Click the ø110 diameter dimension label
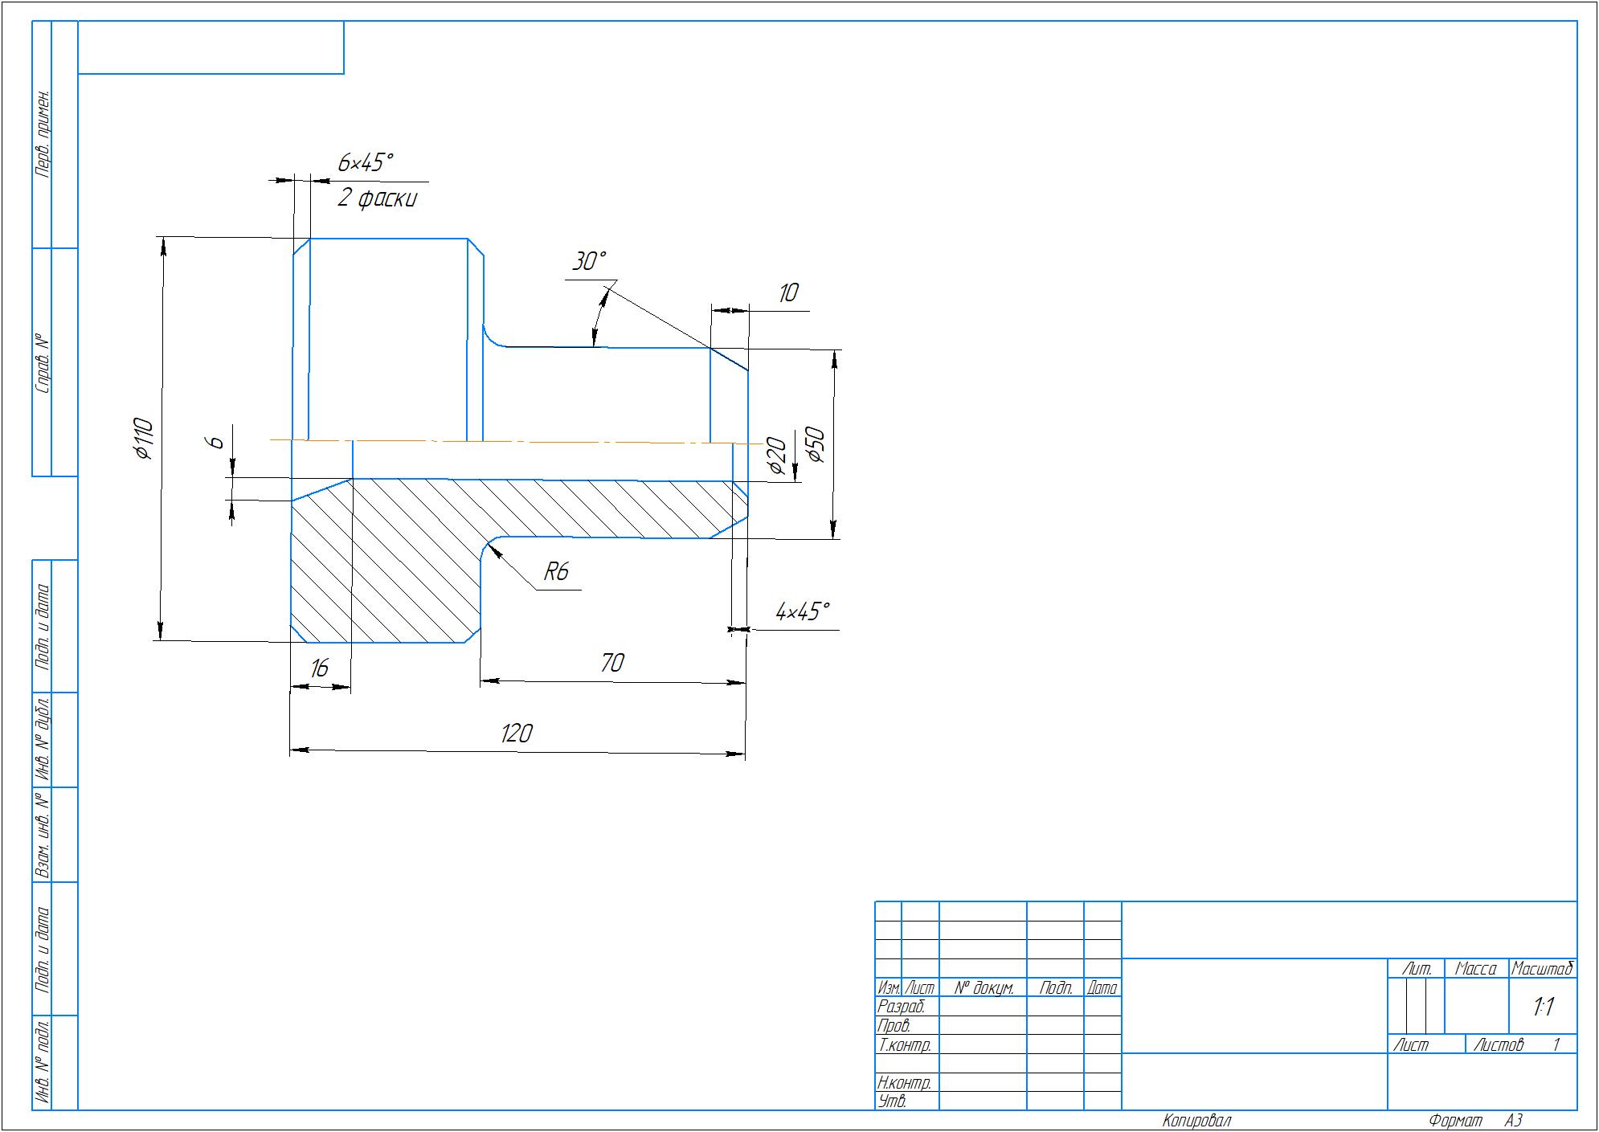click(144, 439)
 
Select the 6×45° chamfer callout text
click(366, 163)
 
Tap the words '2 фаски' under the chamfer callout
click(377, 198)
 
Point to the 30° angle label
click(589, 261)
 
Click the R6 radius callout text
click(556, 571)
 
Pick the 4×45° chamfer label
click(802, 611)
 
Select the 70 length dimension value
click(612, 663)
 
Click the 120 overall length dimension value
click(517, 734)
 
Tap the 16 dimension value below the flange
click(319, 668)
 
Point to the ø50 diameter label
click(815, 445)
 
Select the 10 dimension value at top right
click(788, 292)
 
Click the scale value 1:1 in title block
click(1543, 1007)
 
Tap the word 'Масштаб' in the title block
click(1542, 969)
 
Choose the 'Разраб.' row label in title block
click(902, 1007)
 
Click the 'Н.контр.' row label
click(905, 1083)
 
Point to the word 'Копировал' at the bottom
click(1196, 1121)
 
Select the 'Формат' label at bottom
click(1456, 1121)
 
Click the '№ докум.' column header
click(984, 988)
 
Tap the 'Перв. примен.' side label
click(43, 133)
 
